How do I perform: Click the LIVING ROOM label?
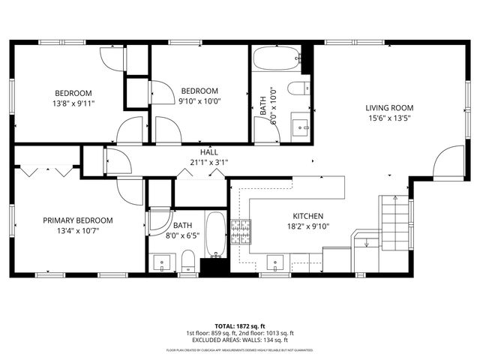pyautogui.click(x=389, y=106)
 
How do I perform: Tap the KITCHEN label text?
pyautogui.click(x=307, y=215)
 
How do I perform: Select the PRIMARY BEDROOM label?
pyautogui.click(x=77, y=220)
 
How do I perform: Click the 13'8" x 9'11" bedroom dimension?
pyautogui.click(x=73, y=103)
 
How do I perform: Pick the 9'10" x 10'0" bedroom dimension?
pyautogui.click(x=199, y=100)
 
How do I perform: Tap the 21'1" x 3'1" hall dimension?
pyautogui.click(x=208, y=161)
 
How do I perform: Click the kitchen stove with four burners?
pyautogui.click(x=240, y=232)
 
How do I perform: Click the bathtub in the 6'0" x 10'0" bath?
pyautogui.click(x=276, y=58)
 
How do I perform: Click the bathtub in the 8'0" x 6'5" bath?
pyautogui.click(x=215, y=235)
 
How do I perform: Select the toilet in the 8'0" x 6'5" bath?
pyautogui.click(x=187, y=262)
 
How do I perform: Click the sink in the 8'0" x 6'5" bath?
pyautogui.click(x=162, y=263)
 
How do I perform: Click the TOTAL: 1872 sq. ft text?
pyautogui.click(x=239, y=326)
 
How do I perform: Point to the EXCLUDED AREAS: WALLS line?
pyautogui.click(x=239, y=339)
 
